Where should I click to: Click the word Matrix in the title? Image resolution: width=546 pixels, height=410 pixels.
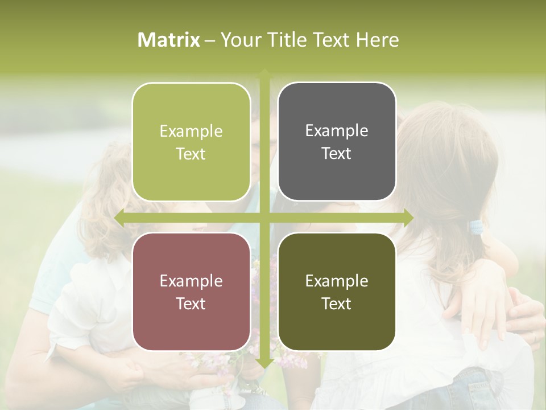169,40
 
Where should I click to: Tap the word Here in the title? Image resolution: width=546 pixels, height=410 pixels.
377,40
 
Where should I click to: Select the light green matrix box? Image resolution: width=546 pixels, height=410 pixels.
191,142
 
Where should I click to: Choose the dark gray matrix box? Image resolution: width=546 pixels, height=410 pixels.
337,142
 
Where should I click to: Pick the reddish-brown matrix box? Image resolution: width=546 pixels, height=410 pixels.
191,292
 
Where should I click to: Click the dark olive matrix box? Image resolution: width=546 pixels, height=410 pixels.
337,292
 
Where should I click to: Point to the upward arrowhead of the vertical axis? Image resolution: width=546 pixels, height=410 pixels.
264,73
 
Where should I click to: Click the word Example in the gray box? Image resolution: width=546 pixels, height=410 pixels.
337,131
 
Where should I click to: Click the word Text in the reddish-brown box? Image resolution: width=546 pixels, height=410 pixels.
191,304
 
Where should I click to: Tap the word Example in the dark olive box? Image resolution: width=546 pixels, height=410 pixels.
337,281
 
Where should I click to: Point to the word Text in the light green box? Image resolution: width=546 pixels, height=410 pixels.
191,154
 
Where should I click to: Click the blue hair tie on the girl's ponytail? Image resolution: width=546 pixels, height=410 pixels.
475,227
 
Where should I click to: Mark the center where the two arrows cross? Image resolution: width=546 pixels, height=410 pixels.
264,217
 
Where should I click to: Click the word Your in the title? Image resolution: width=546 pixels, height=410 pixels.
238,40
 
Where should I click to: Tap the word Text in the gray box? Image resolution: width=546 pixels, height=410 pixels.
337,154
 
